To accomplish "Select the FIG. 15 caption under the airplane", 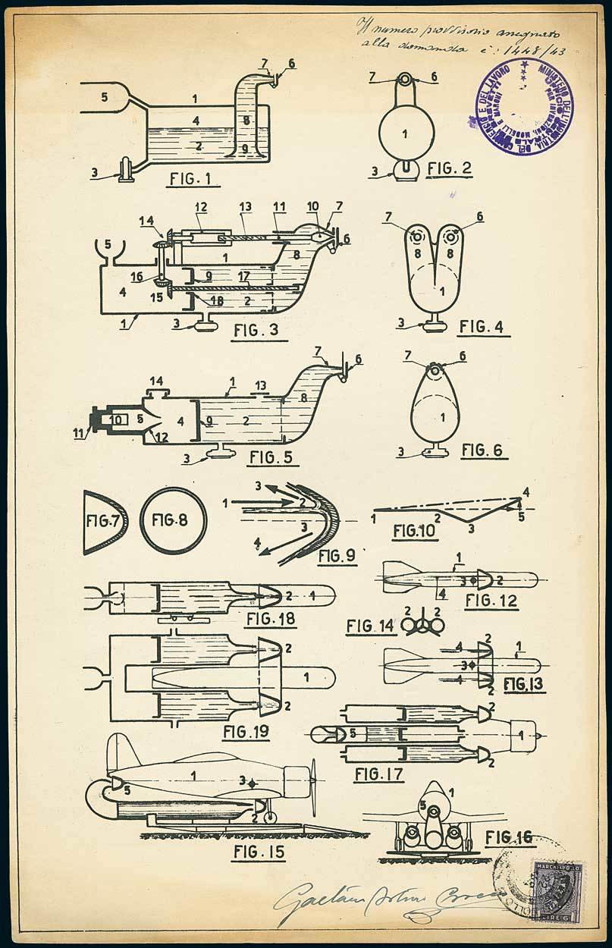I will click(x=259, y=852).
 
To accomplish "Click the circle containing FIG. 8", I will click(x=173, y=521).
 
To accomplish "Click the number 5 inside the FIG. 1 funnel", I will click(x=105, y=96).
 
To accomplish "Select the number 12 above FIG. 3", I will click(x=200, y=207).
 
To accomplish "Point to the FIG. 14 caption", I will click(x=370, y=626).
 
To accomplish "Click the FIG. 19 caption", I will click(x=247, y=733).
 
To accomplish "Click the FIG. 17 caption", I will click(x=378, y=775).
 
